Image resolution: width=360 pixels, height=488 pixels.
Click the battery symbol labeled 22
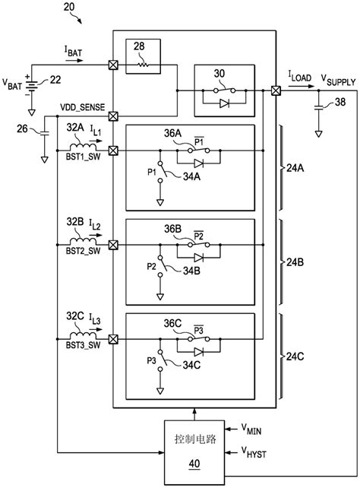click(x=31, y=84)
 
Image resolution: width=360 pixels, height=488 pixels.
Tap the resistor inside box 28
click(x=144, y=65)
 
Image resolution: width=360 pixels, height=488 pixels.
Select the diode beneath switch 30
click(x=225, y=103)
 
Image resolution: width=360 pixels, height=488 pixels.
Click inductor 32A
click(x=83, y=147)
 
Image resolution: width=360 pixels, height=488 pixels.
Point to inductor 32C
click(x=83, y=335)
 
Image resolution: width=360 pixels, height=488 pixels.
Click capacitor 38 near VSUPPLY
click(x=319, y=108)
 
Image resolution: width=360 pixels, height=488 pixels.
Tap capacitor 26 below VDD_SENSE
click(x=45, y=133)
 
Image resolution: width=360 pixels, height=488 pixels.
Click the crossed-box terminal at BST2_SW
click(x=113, y=245)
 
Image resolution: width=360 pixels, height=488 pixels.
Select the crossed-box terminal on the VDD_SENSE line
click(x=113, y=117)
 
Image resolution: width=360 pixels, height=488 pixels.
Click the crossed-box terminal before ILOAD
click(x=276, y=90)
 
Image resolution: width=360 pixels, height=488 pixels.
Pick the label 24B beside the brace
click(x=295, y=262)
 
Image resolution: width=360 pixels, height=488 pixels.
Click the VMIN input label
click(x=251, y=429)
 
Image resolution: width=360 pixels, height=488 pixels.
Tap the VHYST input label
click(x=254, y=452)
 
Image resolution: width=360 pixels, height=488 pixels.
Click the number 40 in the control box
click(x=194, y=464)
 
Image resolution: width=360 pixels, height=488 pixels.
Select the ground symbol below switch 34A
click(x=160, y=203)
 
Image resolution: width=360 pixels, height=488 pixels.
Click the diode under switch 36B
click(x=198, y=258)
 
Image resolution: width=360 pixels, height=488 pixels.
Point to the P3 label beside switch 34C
click(x=151, y=361)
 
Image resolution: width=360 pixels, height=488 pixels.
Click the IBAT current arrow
click(x=74, y=60)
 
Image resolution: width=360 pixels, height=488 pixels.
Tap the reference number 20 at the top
click(x=69, y=7)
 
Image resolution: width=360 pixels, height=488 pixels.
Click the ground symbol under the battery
click(x=31, y=112)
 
